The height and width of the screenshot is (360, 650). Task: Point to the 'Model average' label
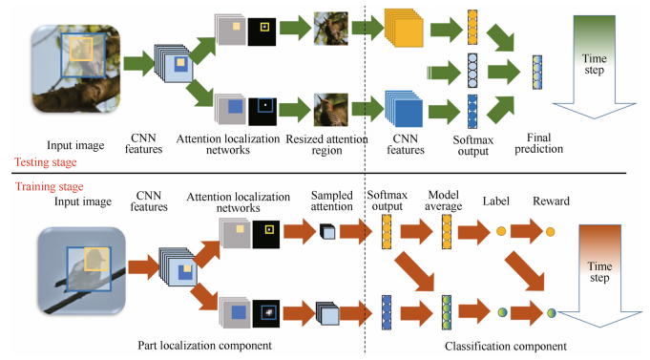coord(445,201)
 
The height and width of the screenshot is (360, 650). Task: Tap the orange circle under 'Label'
coord(501,232)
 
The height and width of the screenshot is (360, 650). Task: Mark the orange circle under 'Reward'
coord(552,232)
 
